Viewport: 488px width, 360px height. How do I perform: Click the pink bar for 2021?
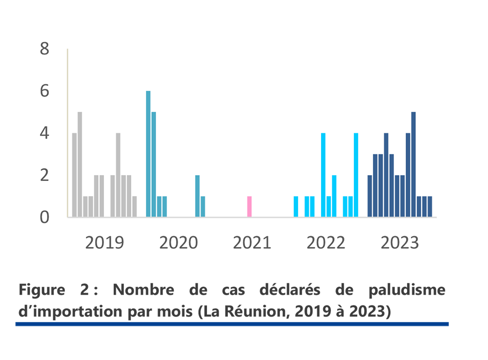[249, 206]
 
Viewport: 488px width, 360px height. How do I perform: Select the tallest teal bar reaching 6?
[148, 154]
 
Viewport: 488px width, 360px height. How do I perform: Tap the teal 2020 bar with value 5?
[154, 164]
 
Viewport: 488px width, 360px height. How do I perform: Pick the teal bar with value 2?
[198, 196]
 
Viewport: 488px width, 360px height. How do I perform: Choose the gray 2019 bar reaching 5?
[80, 164]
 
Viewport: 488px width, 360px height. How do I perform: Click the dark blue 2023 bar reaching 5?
[413, 164]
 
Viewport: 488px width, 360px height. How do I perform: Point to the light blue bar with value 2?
[334, 196]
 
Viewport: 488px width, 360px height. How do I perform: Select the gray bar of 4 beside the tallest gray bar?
[74, 175]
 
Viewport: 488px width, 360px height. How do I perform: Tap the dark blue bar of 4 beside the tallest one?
[408, 175]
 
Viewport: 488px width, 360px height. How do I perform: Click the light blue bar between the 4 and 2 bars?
[328, 206]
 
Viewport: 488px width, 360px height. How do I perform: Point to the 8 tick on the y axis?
[45, 49]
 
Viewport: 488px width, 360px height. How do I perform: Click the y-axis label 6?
[45, 91]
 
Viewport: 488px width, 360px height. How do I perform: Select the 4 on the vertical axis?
[45, 133]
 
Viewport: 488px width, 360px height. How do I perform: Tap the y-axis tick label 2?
[45, 175]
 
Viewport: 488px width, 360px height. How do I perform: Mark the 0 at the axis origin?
[45, 217]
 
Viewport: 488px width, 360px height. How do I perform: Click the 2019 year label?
[104, 242]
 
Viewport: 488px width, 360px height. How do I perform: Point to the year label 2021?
[252, 242]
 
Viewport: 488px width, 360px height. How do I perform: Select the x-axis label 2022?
[325, 242]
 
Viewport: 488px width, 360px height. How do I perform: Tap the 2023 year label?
[400, 242]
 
